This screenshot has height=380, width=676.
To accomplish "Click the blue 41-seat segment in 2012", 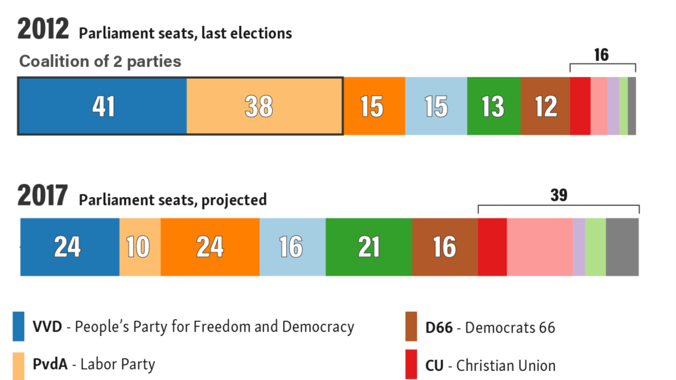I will point(103,106).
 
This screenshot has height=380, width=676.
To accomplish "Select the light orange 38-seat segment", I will point(264,106).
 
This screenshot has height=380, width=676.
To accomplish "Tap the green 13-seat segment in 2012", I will point(493,106).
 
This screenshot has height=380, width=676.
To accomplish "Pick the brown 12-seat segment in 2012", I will point(545,106).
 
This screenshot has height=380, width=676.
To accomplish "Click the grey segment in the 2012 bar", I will point(631,106).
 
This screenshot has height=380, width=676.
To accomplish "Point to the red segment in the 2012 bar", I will point(580,106).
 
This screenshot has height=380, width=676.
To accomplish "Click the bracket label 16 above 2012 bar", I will point(601,55).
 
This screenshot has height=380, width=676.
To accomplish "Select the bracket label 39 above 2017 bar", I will point(559,195).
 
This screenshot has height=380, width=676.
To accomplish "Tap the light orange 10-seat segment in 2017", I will point(140,247).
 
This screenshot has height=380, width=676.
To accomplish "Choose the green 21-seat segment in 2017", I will point(369,247).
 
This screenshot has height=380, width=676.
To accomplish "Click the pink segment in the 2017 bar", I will point(540,247).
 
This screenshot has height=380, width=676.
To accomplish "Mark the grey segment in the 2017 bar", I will point(622,247).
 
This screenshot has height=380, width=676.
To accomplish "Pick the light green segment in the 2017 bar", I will point(595,247).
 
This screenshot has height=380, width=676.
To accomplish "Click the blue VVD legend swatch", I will point(19,327).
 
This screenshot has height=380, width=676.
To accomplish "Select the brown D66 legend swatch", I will point(411,327).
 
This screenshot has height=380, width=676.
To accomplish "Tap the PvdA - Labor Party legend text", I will point(94,364).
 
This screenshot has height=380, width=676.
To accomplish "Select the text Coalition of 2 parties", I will point(100,61).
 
